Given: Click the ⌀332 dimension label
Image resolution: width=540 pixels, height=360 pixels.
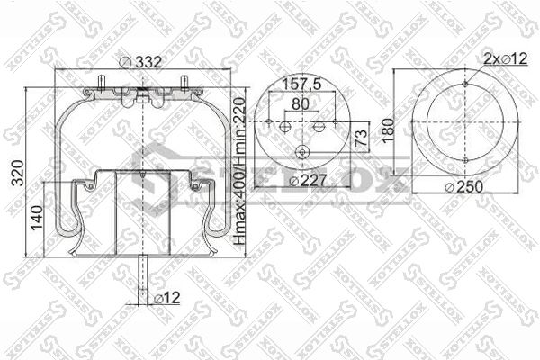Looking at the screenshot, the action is point(140,62).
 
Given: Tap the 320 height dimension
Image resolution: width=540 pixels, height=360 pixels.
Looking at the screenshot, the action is point(18,173).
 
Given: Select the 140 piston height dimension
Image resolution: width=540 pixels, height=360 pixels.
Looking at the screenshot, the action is point(37,218).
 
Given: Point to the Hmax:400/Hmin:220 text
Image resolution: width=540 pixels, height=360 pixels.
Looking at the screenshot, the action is point(239,171).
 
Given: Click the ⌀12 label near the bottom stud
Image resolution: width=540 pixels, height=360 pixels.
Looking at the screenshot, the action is point(166,298).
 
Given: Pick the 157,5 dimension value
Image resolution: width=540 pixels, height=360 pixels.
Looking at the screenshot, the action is point(301,85).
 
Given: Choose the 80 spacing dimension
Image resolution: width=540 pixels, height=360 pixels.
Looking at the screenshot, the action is point(301,104).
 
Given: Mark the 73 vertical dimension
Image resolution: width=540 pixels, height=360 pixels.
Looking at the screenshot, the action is point(362,138).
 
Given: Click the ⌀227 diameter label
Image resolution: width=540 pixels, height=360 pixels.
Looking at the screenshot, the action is point(308,181).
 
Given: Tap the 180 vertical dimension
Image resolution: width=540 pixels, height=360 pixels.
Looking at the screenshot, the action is point(388,130).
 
